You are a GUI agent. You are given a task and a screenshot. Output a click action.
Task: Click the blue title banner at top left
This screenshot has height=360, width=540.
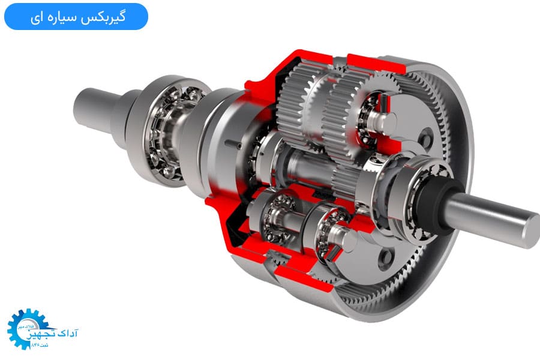tap(76, 16)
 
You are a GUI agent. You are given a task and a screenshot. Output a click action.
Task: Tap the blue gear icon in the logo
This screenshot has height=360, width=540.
tap(25, 329)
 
